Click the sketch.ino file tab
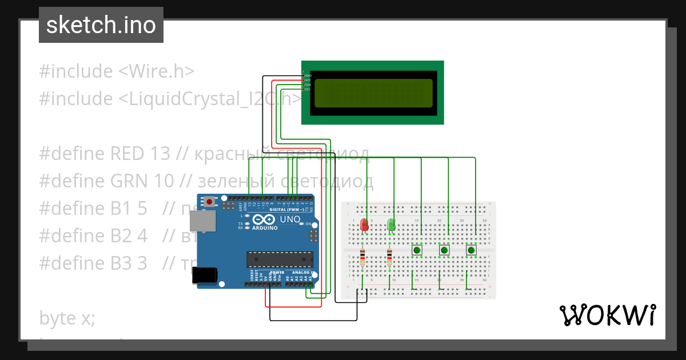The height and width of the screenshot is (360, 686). (x=101, y=26)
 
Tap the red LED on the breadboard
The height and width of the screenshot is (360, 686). (x=364, y=225)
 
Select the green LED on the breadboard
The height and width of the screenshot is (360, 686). (x=392, y=225)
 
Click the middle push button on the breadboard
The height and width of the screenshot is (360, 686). (x=444, y=250)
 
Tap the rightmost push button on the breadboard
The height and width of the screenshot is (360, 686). (x=471, y=250)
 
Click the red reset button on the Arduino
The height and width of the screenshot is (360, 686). (x=210, y=202)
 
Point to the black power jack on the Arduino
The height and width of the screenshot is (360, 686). (x=204, y=275)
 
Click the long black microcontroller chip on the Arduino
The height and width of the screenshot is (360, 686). (x=280, y=259)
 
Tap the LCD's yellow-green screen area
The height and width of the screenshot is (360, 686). (x=373, y=93)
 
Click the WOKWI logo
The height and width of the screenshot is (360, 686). (x=607, y=315)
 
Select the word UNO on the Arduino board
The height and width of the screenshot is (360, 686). (x=289, y=219)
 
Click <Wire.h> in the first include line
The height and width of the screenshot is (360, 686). (x=157, y=71)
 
